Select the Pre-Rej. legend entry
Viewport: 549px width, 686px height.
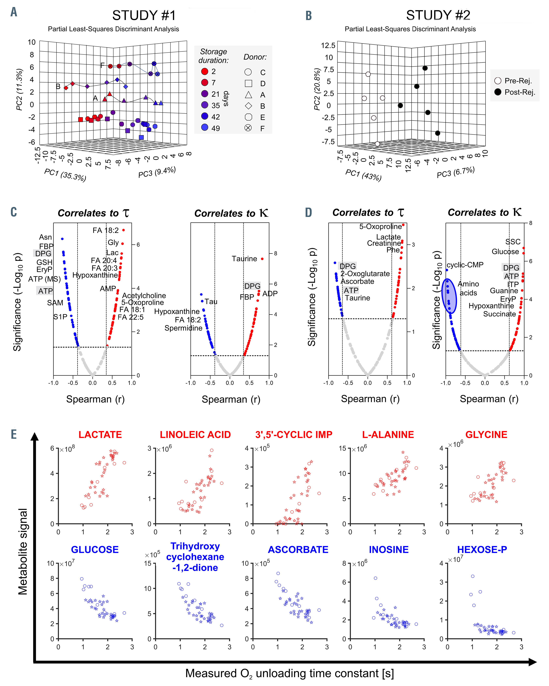(x=514, y=81)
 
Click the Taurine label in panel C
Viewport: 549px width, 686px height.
(x=244, y=259)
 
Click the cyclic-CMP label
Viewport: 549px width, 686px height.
(x=465, y=265)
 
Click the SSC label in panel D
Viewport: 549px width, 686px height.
(x=513, y=242)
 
